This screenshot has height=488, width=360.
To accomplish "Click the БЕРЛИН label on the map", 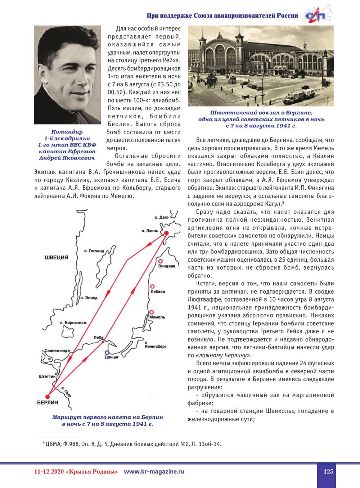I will tap(48, 403).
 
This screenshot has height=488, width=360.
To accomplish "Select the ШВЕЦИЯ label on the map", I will tap(57, 257).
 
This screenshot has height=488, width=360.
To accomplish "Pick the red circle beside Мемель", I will tap(152, 312).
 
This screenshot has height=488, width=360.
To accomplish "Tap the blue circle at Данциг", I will tap(107, 352).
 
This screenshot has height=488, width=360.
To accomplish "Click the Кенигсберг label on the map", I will tap(155, 347).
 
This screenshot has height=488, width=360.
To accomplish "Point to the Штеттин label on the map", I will tap(47, 376).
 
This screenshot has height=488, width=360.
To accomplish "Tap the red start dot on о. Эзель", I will tap(166, 234).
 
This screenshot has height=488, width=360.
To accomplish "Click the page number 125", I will tap(328, 471).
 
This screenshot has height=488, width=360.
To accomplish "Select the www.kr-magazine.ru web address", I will tap(154, 471).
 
